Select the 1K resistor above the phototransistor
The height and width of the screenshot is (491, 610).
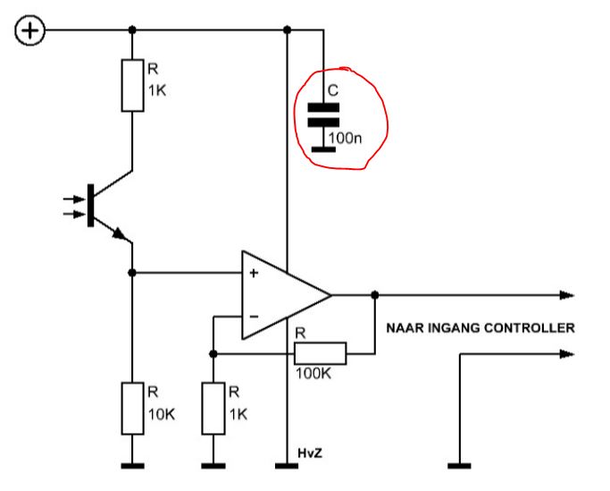point(132,85)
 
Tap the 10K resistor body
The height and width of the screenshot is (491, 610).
point(132,409)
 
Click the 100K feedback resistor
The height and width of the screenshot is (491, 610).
point(320,353)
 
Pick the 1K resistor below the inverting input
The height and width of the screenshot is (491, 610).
point(213,409)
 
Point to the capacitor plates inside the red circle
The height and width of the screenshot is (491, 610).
point(323,115)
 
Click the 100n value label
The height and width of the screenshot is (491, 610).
point(345,138)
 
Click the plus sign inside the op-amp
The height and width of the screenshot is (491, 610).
point(254,273)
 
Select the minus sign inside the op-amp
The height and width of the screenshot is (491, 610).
point(254,317)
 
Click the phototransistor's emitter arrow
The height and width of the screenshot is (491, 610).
point(120,233)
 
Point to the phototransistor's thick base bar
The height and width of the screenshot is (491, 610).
point(90,206)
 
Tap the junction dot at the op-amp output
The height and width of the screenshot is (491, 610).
point(374,295)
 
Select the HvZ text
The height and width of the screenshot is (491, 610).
point(310,453)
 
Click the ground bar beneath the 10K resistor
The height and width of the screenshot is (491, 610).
point(132,466)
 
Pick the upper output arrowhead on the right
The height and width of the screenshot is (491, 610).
point(567,295)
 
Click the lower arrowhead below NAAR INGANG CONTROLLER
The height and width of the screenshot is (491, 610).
point(567,354)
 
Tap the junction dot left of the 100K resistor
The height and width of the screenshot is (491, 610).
point(213,354)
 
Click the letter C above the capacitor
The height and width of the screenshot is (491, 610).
point(333,90)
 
